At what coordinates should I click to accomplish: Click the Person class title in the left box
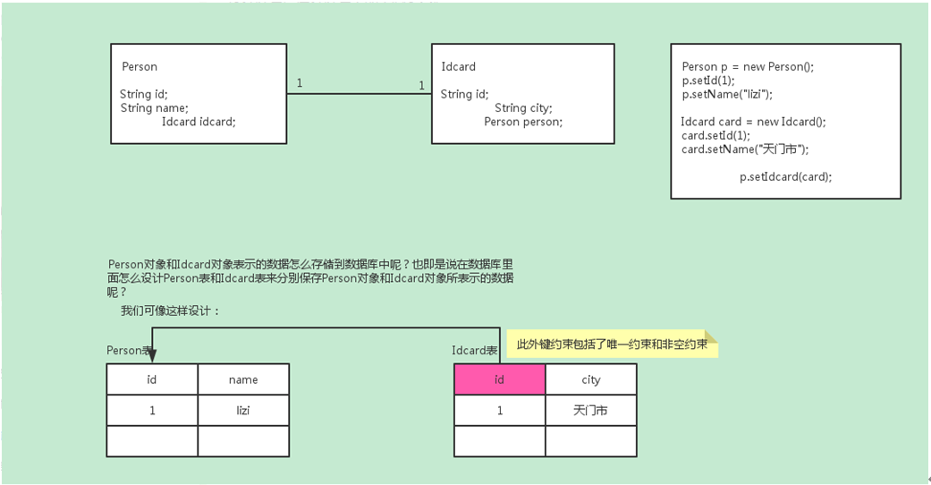[140, 66]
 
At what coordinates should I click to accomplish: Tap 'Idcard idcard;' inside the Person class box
[199, 122]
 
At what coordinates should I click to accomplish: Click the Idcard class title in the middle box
[458, 66]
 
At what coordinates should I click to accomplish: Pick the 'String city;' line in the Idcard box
[523, 108]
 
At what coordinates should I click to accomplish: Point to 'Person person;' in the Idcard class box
[523, 122]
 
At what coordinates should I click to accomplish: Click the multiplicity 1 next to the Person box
[299, 83]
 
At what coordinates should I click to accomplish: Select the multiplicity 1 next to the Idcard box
[420, 86]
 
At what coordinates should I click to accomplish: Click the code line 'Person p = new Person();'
[748, 67]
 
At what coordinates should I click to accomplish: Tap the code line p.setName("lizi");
[726, 94]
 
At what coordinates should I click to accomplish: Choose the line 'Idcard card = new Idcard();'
[753, 122]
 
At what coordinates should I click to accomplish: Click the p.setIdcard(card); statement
[785, 176]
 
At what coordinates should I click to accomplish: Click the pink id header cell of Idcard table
[499, 379]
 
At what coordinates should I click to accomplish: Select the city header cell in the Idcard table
[591, 379]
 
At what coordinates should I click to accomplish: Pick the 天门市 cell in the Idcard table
[591, 411]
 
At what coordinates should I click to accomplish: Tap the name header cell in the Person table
[243, 379]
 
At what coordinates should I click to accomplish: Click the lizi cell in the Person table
[243, 411]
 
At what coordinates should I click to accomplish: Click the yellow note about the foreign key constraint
[613, 344]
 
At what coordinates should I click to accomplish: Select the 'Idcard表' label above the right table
[474, 351]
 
